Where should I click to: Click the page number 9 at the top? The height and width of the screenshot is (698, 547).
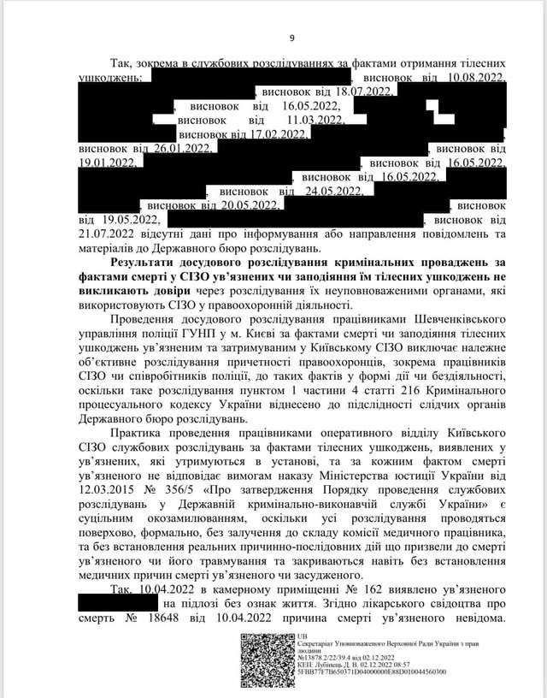tap(292, 38)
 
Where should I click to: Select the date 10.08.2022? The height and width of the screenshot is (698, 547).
tap(476, 77)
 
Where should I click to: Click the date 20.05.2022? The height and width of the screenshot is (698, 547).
tap(250, 206)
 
